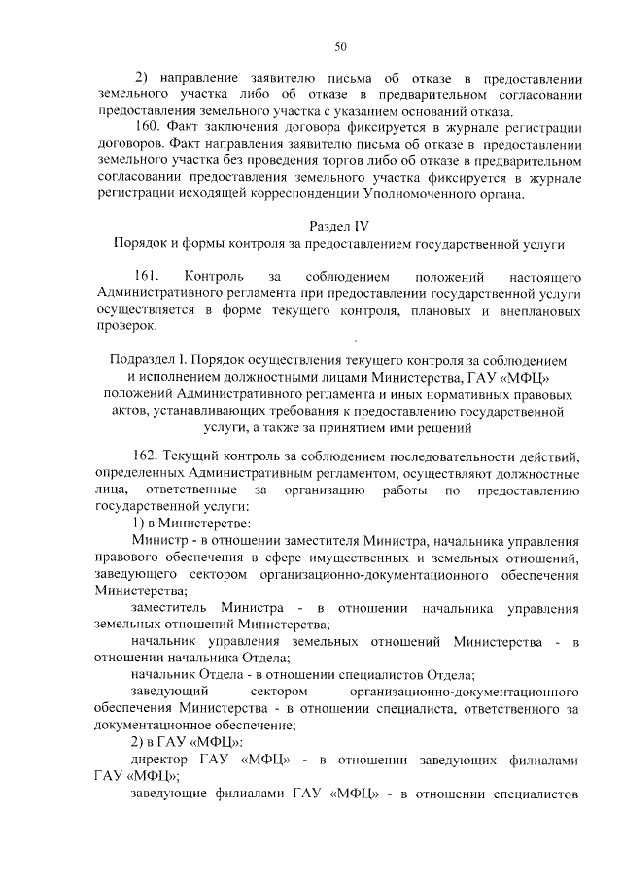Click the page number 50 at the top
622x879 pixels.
340,45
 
